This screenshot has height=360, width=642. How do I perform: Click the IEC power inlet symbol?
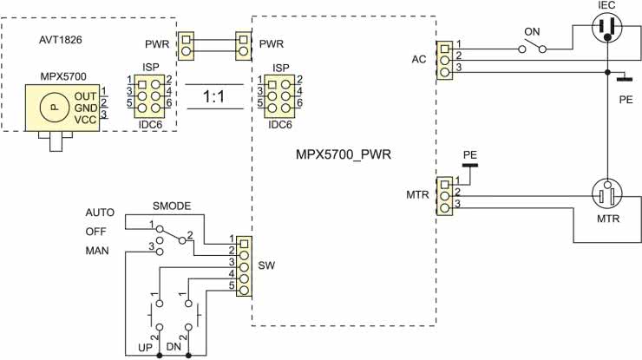(607, 29)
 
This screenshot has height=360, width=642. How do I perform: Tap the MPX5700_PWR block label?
(344, 155)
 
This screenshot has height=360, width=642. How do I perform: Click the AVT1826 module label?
(61, 41)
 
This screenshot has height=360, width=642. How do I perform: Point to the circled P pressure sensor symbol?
(54, 105)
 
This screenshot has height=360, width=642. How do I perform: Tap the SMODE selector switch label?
(171, 206)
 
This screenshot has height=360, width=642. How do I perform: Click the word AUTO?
(101, 213)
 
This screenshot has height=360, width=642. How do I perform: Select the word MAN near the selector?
(97, 251)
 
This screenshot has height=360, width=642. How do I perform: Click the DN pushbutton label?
(174, 348)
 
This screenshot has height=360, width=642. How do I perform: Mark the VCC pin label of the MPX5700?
(86, 118)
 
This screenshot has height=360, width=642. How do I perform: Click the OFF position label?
(97, 232)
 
